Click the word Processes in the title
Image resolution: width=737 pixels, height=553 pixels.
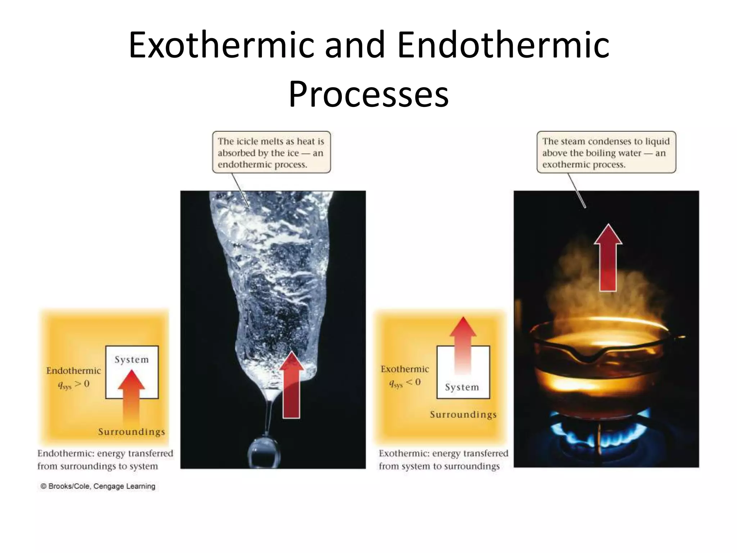368,94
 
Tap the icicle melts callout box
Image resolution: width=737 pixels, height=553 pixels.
271,152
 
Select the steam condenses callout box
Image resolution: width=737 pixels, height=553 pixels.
606,152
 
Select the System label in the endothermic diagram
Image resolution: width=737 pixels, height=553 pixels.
132,360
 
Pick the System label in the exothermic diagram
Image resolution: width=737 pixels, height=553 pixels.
462,387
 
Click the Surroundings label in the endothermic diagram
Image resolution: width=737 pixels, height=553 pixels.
132,432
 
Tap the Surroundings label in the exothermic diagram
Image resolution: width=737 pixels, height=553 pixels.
463,414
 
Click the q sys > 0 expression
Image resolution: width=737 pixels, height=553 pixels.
73,385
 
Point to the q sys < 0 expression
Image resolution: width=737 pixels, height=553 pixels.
405,383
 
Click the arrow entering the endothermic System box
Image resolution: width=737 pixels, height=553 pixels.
131,396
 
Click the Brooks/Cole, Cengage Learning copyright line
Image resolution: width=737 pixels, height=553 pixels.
98,486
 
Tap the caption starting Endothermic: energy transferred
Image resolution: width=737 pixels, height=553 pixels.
105,460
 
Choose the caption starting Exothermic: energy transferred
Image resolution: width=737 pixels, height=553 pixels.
443,460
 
